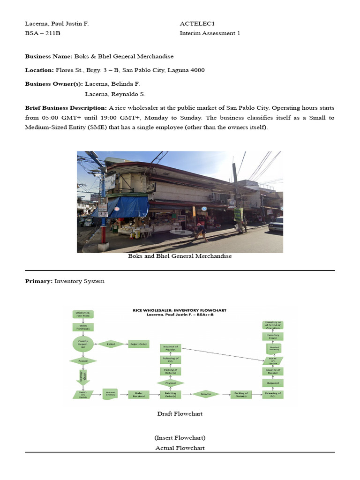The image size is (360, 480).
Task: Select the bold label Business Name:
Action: pyautogui.click(x=49, y=56)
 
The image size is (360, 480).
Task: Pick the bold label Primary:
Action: pyautogui.click(x=39, y=281)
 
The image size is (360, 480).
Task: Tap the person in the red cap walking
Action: pyautogui.click(x=201, y=231)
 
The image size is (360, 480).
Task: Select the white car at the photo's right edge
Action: pyautogui.click(x=277, y=224)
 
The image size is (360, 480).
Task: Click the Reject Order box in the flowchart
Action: pyautogui.click(x=139, y=344)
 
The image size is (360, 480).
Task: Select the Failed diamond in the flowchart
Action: pyautogui.click(x=111, y=344)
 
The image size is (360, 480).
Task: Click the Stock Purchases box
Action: pyautogui.click(x=83, y=327)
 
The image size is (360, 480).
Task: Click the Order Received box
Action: pyautogui.click(x=139, y=394)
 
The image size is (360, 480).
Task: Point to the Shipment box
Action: pyautogui.click(x=273, y=382)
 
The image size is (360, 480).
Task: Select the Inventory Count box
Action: pyautogui.click(x=273, y=336)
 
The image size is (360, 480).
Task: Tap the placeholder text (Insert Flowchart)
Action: pyautogui.click(x=180, y=438)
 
